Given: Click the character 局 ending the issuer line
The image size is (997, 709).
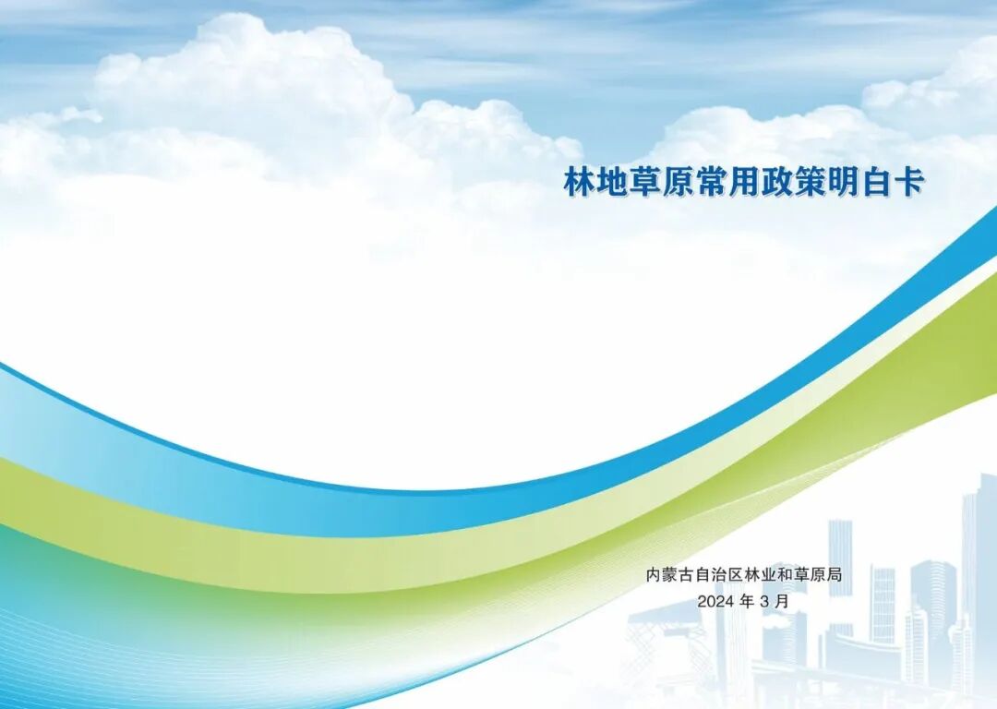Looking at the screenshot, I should (834, 575).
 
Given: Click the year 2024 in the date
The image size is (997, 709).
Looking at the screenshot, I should (715, 601).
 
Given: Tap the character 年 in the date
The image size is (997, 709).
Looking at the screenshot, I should (747, 601).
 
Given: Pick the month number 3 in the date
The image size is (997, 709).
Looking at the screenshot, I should (765, 601).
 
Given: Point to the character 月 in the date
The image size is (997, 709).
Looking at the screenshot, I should (783, 601).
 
